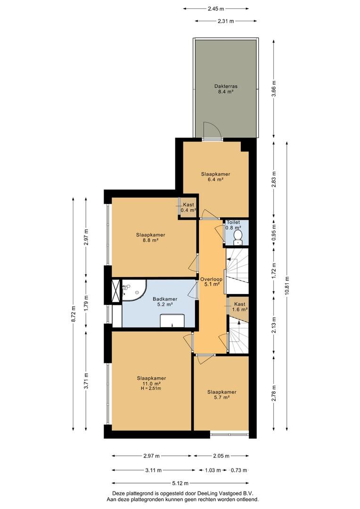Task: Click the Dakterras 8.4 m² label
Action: tap(225, 90)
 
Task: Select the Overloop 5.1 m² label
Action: tap(210, 281)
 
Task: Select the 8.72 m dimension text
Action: tap(73, 314)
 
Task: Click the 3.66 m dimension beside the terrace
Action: tap(274, 88)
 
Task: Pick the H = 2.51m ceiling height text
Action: tap(151, 389)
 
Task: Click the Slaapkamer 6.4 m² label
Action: tap(212, 177)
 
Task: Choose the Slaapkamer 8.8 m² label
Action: tap(151, 237)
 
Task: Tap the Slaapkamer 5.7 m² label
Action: tap(221, 394)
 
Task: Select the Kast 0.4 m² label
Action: tap(188, 207)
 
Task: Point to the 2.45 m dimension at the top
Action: tap(216, 8)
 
